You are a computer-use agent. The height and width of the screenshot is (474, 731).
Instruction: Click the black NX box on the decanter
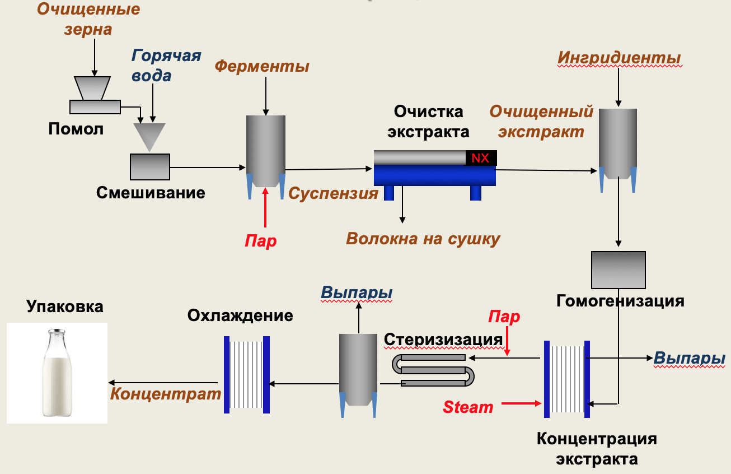pyautogui.click(x=481, y=158)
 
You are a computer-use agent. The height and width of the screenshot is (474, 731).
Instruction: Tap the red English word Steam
pyautogui.click(x=468, y=407)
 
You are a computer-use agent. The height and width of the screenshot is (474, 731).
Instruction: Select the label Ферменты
pyautogui.click(x=262, y=66)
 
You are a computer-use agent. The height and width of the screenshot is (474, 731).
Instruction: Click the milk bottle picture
pyautogui.click(x=57, y=373)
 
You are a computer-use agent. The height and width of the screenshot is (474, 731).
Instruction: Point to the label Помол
pyautogui.click(x=76, y=129)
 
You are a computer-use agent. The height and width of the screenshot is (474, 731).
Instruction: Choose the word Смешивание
pyautogui.click(x=151, y=193)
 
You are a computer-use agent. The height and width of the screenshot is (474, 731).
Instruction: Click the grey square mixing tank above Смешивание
pyautogui.click(x=150, y=167)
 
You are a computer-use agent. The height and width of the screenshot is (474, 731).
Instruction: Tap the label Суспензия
pyautogui.click(x=333, y=193)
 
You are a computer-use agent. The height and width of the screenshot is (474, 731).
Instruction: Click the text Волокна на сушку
pyautogui.click(x=423, y=239)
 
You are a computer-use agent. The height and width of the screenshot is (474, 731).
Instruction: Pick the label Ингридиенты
pyautogui.click(x=619, y=58)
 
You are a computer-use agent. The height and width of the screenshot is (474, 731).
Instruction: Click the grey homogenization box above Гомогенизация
pyautogui.click(x=618, y=270)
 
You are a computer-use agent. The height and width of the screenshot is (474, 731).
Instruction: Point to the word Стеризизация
pyautogui.click(x=443, y=340)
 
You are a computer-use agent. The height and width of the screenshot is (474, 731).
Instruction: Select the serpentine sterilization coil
pyautogui.click(x=433, y=370)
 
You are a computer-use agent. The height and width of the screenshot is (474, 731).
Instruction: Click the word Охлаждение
pyautogui.click(x=240, y=316)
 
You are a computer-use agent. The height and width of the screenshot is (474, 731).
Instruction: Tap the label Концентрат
pyautogui.click(x=166, y=394)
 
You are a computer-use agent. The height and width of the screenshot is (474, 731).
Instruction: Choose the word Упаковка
pyautogui.click(x=65, y=306)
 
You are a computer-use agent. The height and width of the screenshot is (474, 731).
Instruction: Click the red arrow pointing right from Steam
pyautogui.click(x=522, y=404)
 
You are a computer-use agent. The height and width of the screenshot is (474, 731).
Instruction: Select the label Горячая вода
pyautogui.click(x=166, y=66)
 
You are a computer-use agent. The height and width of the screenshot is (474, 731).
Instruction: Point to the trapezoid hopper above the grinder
pyautogui.click(x=92, y=88)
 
